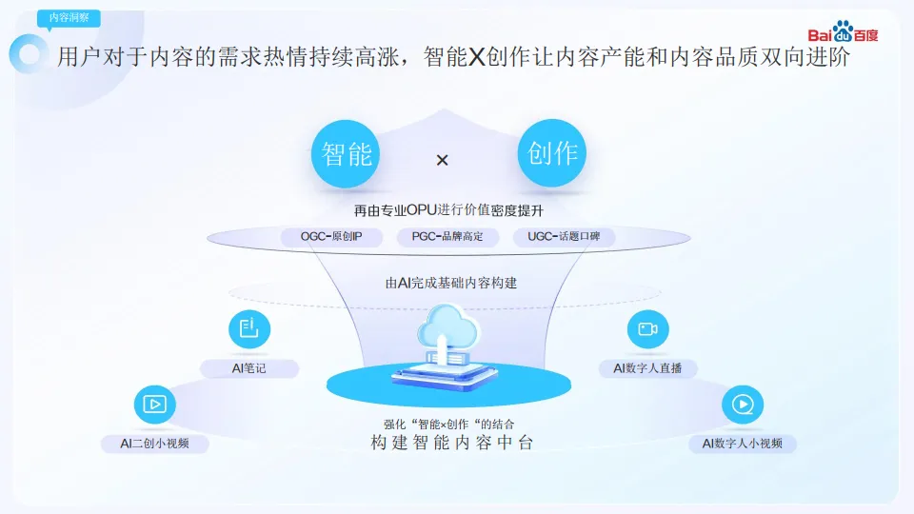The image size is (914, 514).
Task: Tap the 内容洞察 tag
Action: click(69, 18)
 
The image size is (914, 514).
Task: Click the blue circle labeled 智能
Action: click(347, 153)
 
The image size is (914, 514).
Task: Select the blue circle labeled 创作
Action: click(552, 152)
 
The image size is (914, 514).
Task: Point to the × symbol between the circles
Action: click(442, 161)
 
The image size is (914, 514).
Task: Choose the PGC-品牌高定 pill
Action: click(447, 237)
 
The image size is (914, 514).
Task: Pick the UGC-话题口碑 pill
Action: click(564, 237)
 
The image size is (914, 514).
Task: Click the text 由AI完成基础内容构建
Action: click(451, 283)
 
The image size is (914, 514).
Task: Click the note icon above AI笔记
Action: click(249, 329)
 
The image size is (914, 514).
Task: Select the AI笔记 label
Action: click(249, 368)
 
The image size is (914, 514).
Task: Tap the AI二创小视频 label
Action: click(154, 443)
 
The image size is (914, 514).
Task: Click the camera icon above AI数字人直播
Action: click(647, 329)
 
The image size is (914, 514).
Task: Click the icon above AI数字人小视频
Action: click(742, 405)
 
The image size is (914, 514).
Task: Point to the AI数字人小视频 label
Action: click(743, 444)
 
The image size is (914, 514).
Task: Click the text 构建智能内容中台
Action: click(451, 444)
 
